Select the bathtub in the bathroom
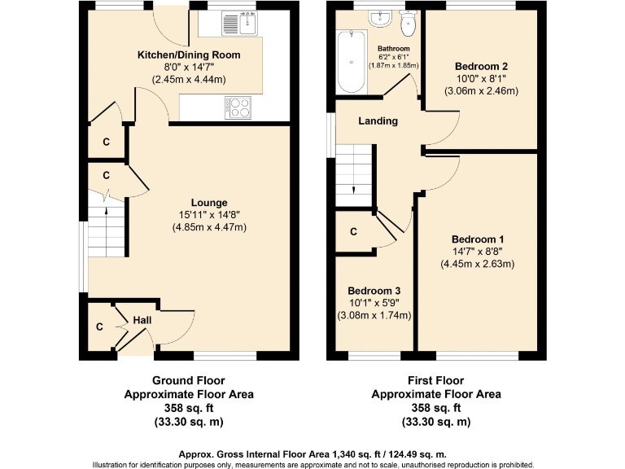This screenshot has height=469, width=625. tap(352, 61)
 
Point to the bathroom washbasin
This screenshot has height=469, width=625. tap(381, 20)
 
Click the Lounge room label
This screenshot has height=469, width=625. tap(209, 203)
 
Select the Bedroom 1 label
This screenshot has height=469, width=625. tap(478, 239)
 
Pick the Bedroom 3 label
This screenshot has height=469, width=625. tap(374, 291)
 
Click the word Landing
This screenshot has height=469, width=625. tap(378, 121)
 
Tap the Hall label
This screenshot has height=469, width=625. tap(142, 321)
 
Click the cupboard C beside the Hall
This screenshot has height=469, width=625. tap(99, 327)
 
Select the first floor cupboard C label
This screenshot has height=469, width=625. tap(353, 232)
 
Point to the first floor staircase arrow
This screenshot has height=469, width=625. tap(354, 191)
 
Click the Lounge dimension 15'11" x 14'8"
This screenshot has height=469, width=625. tap(209, 215)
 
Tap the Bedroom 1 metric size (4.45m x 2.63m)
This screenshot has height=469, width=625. tap(478, 264)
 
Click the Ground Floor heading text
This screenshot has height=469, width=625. tap(188, 380)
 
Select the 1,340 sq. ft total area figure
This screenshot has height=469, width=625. tap(356, 454)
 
